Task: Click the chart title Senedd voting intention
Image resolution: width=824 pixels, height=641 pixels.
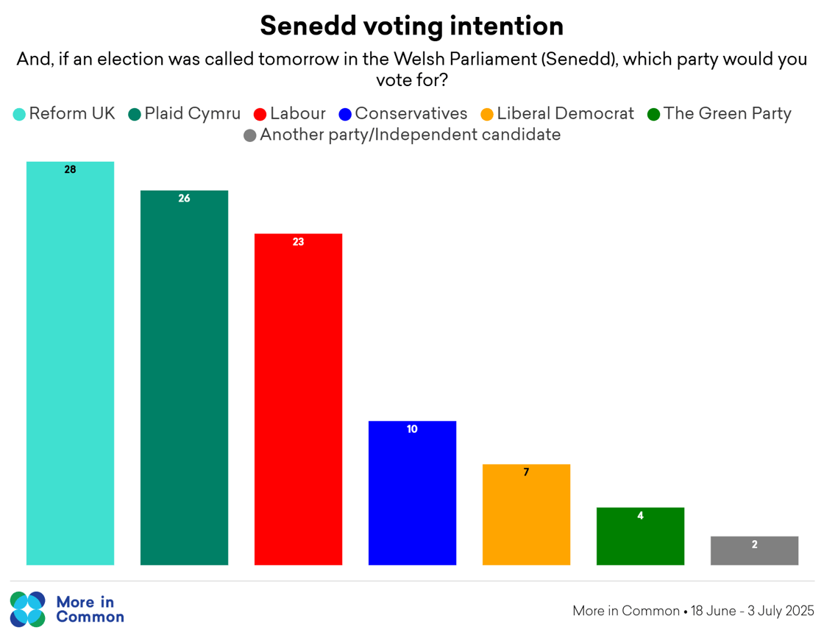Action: [411, 26]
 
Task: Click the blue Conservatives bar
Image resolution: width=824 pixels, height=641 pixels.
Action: [412, 493]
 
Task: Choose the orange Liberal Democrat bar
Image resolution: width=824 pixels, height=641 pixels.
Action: [526, 514]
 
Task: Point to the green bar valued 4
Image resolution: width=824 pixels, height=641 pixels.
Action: [640, 536]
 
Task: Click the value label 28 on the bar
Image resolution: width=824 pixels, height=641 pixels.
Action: [70, 169]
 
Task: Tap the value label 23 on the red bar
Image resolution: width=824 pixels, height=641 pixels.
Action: [298, 241]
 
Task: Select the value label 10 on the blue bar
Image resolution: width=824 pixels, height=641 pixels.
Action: [412, 429]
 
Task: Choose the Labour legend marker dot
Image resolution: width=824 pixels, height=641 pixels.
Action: [260, 114]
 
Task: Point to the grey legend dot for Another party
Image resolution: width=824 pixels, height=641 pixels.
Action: [250, 135]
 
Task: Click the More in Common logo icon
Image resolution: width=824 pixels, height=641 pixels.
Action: [28, 609]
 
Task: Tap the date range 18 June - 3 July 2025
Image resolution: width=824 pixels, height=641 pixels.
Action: [753, 611]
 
